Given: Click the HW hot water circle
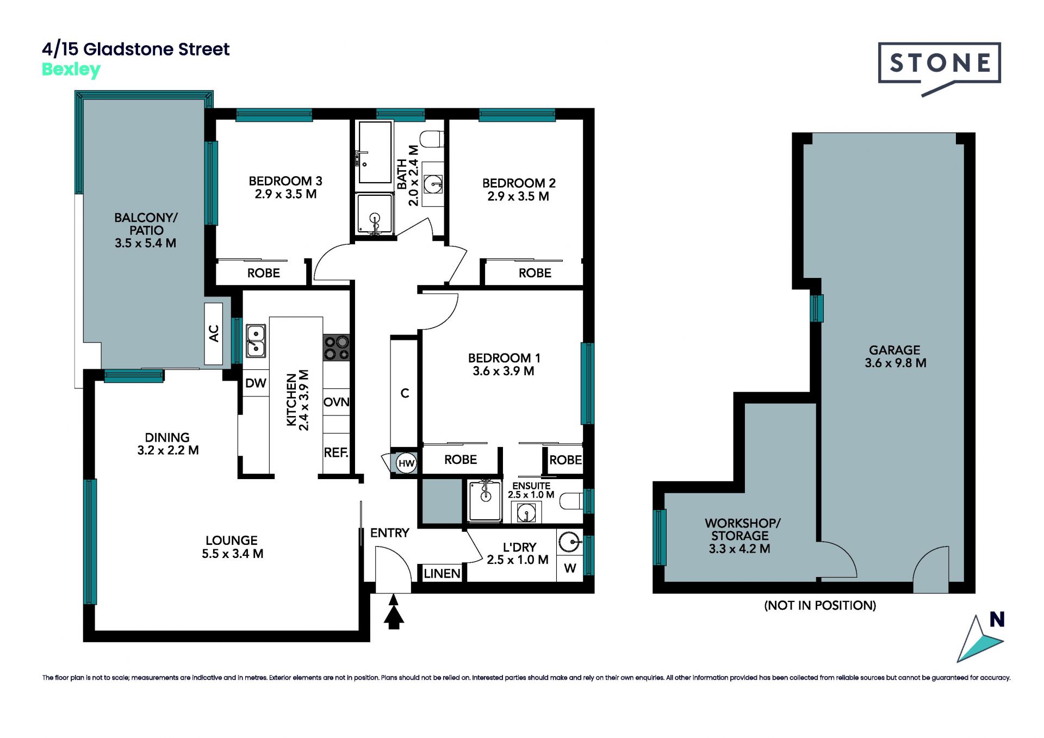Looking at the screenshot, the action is (x=406, y=463).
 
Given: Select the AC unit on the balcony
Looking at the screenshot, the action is (x=214, y=333).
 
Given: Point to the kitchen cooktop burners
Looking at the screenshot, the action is (x=337, y=348).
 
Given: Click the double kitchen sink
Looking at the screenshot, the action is (x=256, y=341).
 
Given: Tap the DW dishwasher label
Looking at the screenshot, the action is (x=256, y=383).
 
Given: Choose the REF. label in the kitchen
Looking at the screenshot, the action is (x=336, y=452).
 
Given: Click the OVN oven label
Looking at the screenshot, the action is (x=337, y=402).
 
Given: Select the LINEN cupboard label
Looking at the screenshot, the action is (x=442, y=573).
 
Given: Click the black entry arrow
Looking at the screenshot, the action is (x=394, y=612).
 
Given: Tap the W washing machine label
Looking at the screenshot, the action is (x=570, y=568).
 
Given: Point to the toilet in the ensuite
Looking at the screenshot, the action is (x=571, y=500).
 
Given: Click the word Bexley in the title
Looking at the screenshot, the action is (x=71, y=70).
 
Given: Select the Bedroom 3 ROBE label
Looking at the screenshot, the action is (x=264, y=273).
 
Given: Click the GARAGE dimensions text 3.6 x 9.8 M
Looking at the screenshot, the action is (x=896, y=363).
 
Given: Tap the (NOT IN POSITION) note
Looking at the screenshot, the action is (x=820, y=605).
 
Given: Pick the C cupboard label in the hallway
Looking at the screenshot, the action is (x=405, y=393).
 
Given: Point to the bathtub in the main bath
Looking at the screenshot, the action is (x=375, y=152).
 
